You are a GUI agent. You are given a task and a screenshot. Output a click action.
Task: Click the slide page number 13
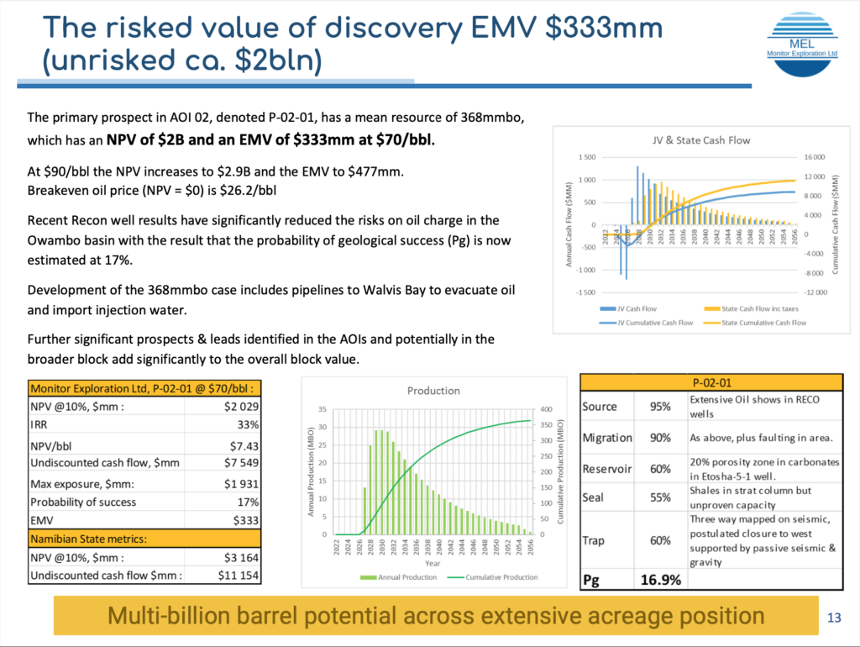point(834,618)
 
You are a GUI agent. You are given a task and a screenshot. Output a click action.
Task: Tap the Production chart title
point(433,390)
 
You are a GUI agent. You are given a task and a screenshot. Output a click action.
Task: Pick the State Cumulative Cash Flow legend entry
point(760,322)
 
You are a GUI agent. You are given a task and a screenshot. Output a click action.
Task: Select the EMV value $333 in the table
point(244,520)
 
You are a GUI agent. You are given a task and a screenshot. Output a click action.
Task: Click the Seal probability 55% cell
point(659,497)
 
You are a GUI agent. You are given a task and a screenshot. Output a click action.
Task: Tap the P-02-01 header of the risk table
point(711,381)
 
